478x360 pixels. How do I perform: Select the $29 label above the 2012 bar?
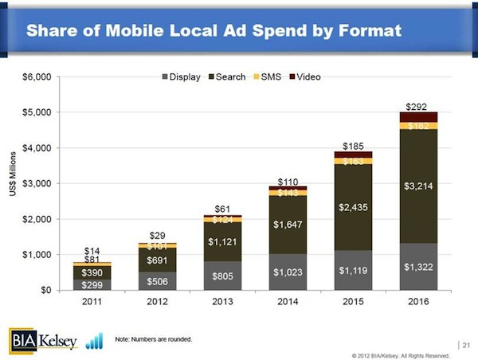click(157, 236)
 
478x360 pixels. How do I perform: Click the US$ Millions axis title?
click(12, 183)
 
